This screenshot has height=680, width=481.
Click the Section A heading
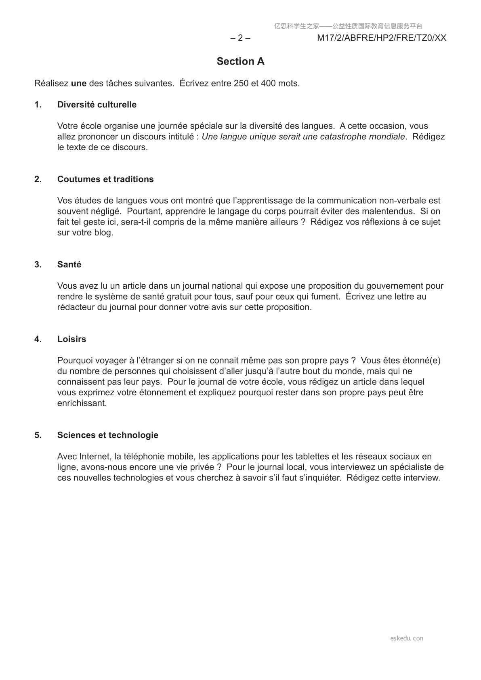[240, 61]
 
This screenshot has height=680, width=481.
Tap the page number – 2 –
[240, 38]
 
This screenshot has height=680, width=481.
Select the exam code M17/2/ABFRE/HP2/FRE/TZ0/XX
[382, 38]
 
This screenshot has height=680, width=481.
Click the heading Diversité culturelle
[97, 105]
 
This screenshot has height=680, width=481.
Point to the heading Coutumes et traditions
[105, 179]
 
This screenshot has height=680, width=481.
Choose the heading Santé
[69, 264]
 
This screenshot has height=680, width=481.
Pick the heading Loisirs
[71, 339]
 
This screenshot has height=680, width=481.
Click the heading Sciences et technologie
[108, 435]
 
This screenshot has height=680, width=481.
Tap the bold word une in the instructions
[79, 84]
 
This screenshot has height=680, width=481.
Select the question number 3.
[38, 264]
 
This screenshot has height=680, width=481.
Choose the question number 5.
[38, 435]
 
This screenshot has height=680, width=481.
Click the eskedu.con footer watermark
[407, 638]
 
